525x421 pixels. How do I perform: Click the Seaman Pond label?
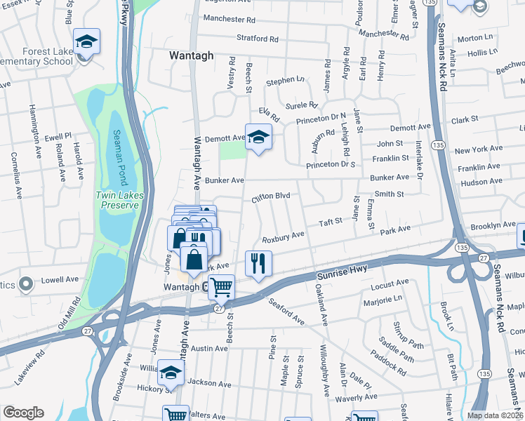(x=119, y=159)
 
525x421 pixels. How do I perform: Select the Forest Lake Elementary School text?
(x=39, y=55)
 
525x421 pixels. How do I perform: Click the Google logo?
(x=23, y=413)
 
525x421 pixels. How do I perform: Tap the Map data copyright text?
(x=494, y=415)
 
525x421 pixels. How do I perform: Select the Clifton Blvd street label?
(x=271, y=199)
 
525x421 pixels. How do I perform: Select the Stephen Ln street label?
(x=285, y=81)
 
